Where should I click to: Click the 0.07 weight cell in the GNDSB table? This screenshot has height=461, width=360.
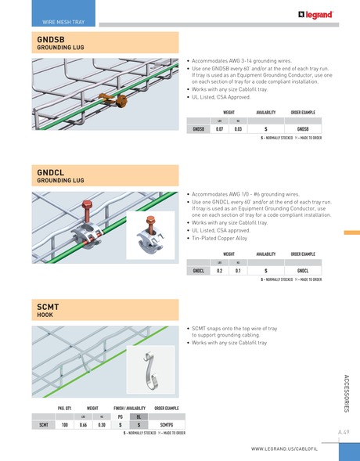coord(219,128)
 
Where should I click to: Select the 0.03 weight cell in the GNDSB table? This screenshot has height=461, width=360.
coord(238,128)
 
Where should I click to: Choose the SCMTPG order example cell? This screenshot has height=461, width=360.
coord(165,424)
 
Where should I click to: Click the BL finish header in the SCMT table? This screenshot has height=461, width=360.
coord(138,416)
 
